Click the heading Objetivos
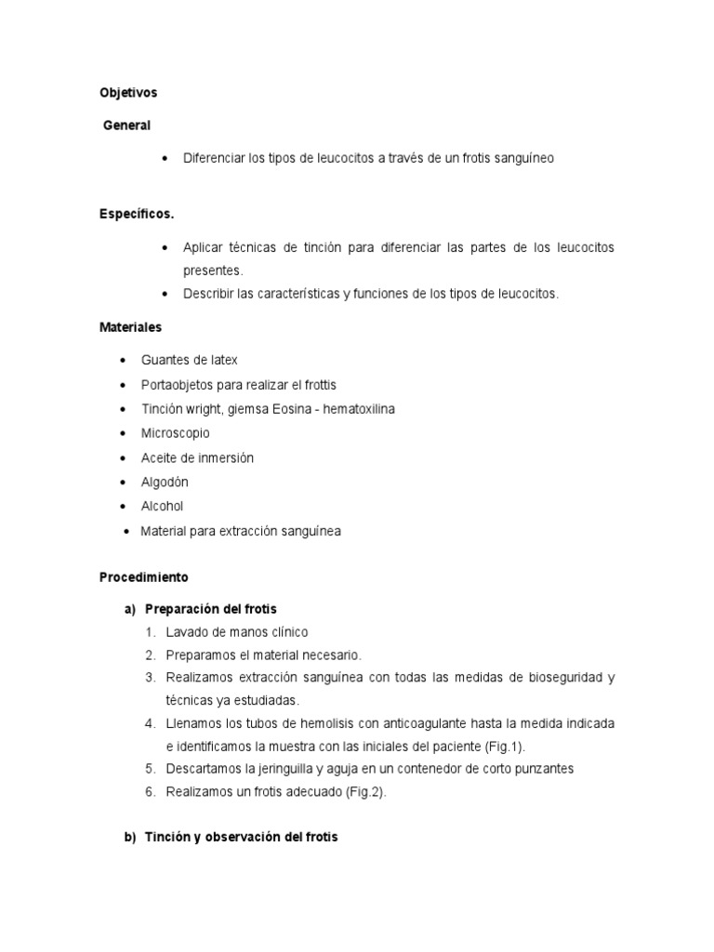pyautogui.click(x=128, y=93)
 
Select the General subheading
pyautogui.click(x=126, y=125)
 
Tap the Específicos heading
pyautogui.click(x=137, y=214)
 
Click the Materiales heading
pyautogui.click(x=130, y=327)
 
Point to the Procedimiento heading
pyautogui.click(x=143, y=577)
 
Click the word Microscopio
pyautogui.click(x=176, y=433)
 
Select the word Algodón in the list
pyautogui.click(x=165, y=483)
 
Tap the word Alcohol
pyautogui.click(x=162, y=507)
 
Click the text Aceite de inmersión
pyautogui.click(x=197, y=458)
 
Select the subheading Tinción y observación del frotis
pyautogui.click(x=241, y=837)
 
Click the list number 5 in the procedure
pyautogui.click(x=150, y=769)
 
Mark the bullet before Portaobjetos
pyautogui.click(x=123, y=385)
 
